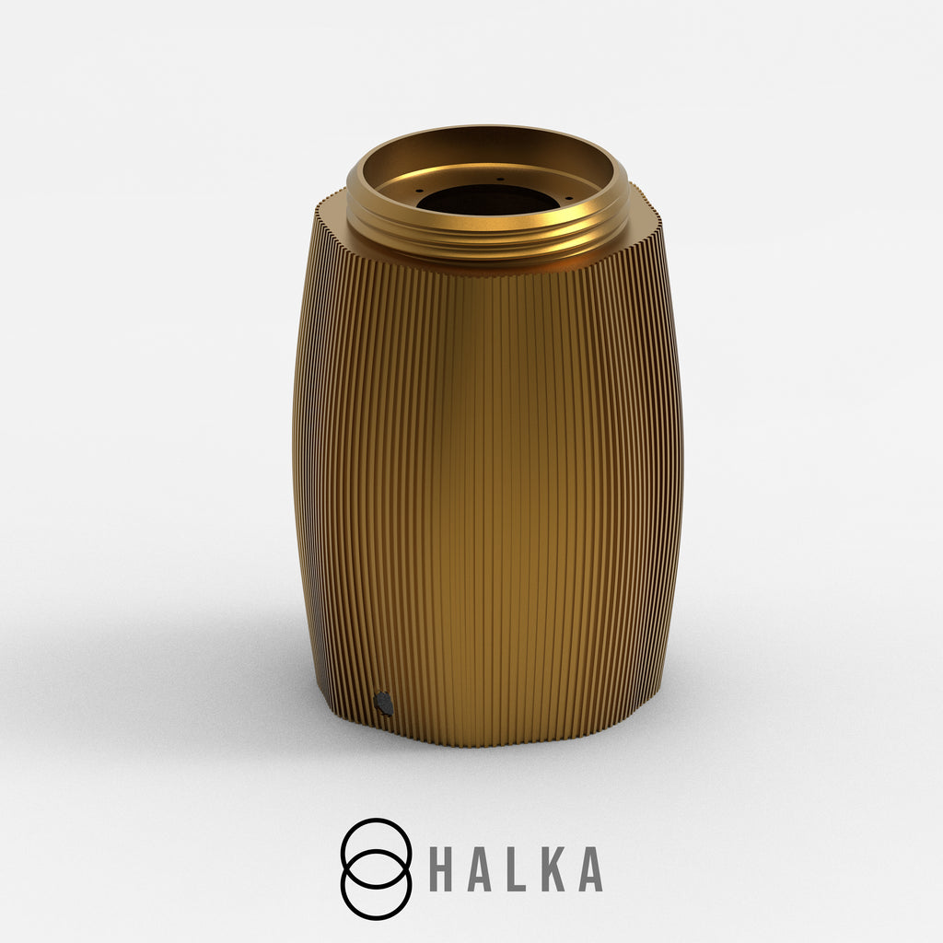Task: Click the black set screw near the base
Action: (x=384, y=704)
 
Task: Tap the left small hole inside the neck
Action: (x=419, y=191)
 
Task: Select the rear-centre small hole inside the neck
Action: (x=500, y=179)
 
